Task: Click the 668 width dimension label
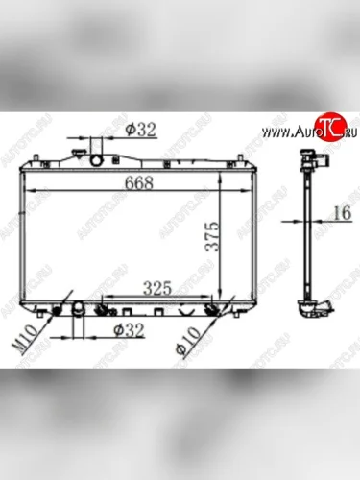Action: (138, 182)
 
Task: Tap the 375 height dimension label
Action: (212, 236)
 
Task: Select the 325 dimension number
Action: (157, 288)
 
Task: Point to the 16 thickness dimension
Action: (343, 213)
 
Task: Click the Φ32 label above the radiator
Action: (140, 130)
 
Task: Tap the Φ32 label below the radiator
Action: (129, 330)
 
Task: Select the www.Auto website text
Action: (290, 132)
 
